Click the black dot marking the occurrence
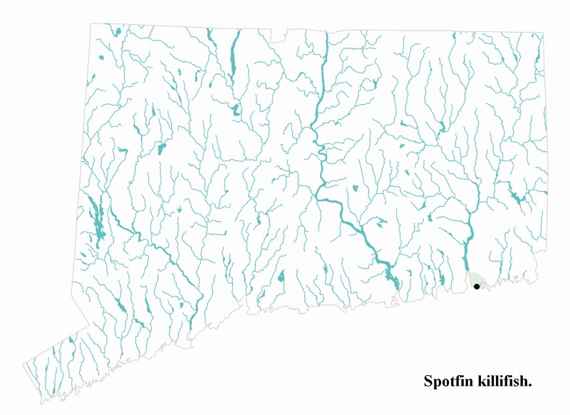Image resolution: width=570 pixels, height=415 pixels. pos(476,286)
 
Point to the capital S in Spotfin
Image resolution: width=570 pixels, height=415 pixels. pos(428,381)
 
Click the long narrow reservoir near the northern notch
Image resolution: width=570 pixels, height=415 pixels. pos(232,61)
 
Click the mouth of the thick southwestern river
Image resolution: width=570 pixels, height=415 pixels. pos(191,332)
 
